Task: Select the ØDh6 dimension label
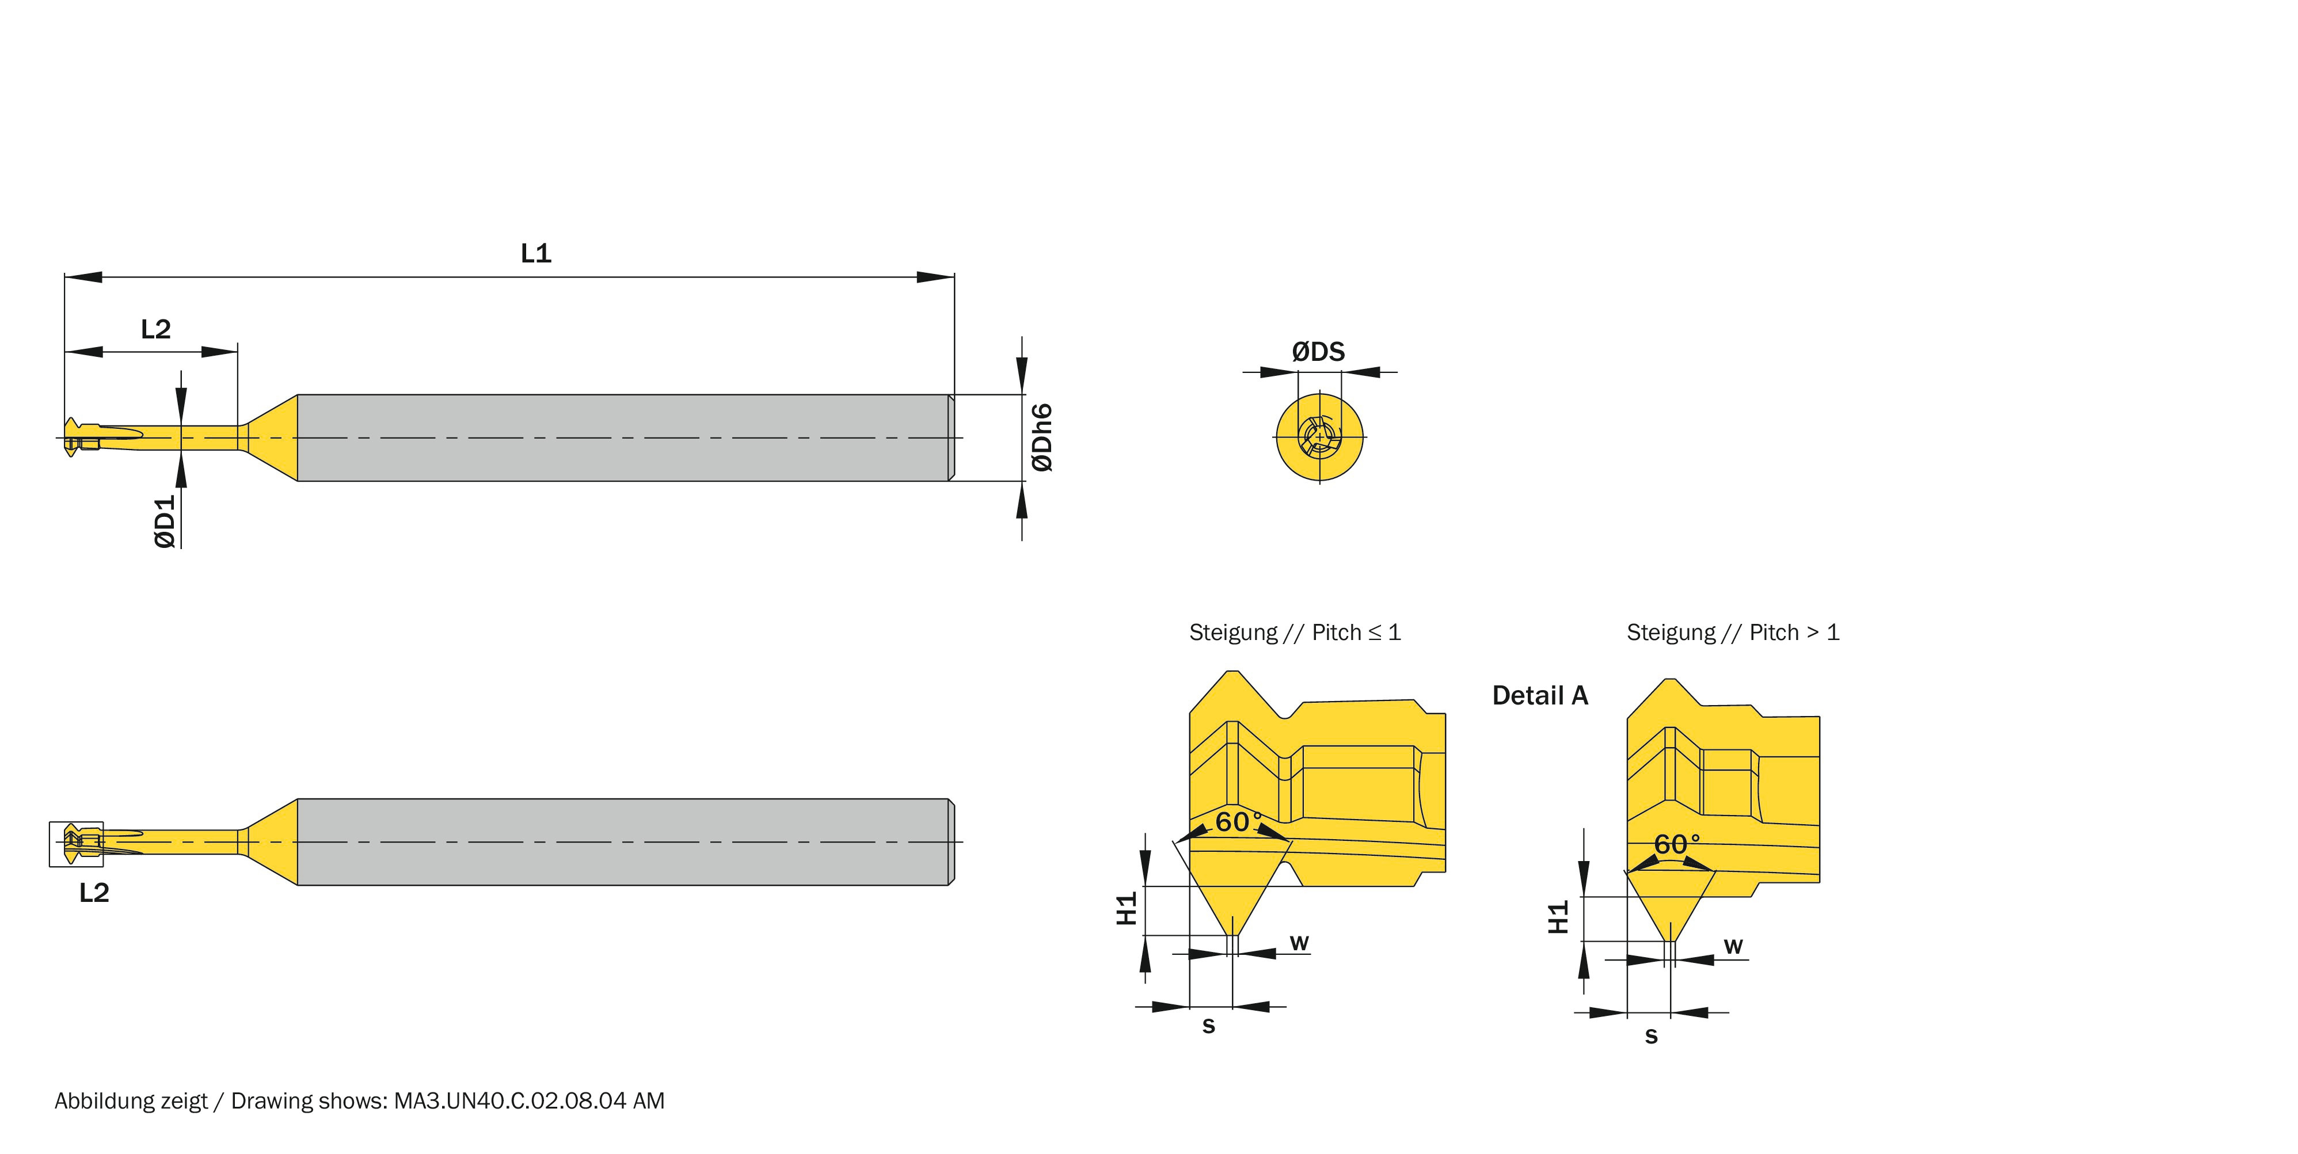(1041, 437)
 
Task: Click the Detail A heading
(1540, 696)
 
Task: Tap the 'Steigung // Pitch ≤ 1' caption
(1295, 633)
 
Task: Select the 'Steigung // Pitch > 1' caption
(1732, 633)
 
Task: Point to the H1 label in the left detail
(1127, 908)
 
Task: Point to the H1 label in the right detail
(1558, 917)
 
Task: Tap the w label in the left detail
(1299, 943)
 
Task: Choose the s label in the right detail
(1651, 1036)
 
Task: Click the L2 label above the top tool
(155, 329)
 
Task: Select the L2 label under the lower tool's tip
(94, 893)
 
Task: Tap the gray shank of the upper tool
(625, 438)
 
